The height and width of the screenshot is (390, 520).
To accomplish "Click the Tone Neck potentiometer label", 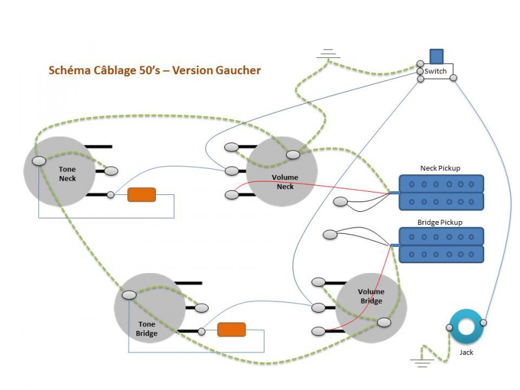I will point(68,174).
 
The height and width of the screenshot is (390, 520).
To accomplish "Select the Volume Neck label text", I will point(285,182).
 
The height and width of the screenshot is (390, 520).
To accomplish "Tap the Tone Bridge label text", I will point(147,328).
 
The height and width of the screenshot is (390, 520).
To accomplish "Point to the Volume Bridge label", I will point(372,296).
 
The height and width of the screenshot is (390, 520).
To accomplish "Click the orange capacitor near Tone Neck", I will point(142,194).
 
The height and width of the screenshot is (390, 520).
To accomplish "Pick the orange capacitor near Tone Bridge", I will point(231,330).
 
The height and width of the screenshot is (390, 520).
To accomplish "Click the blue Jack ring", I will point(466,326).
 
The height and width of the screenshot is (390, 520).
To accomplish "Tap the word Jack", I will point(467,352).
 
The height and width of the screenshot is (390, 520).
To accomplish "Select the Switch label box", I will point(436,71).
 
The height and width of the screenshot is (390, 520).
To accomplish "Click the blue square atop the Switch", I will point(437,57).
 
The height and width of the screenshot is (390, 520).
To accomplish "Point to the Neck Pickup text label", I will point(440,168).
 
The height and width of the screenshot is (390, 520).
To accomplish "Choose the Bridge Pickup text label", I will point(440,222).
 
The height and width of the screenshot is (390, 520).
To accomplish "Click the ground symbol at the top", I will point(328,55).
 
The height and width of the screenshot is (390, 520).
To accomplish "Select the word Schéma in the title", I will point(69,70).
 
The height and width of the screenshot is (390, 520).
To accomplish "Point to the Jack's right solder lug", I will point(483,322).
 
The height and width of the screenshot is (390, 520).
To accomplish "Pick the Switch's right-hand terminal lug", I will point(453,79).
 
